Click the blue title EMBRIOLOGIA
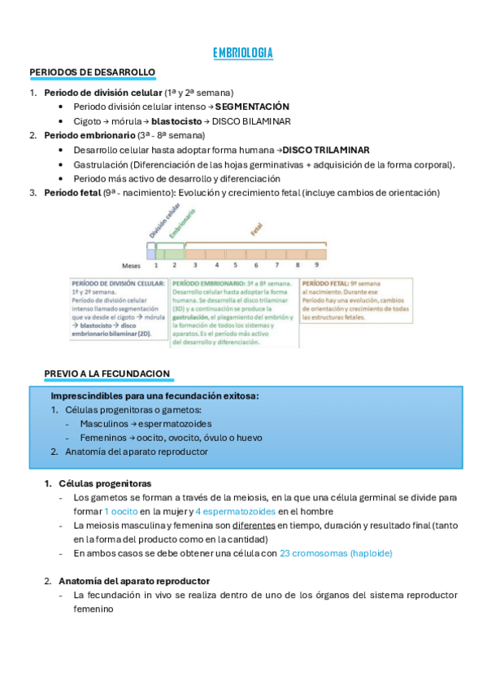coord(242,54)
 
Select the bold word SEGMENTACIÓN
coord(252,107)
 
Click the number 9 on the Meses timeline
coord(316,264)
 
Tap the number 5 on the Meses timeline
coord(236,264)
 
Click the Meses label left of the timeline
coord(132,264)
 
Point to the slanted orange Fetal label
coord(257,229)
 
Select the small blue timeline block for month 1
coord(151,253)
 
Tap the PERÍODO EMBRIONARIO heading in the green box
coord(207,283)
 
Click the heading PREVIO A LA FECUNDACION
coord(107,373)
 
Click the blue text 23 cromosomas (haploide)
coord(335,552)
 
